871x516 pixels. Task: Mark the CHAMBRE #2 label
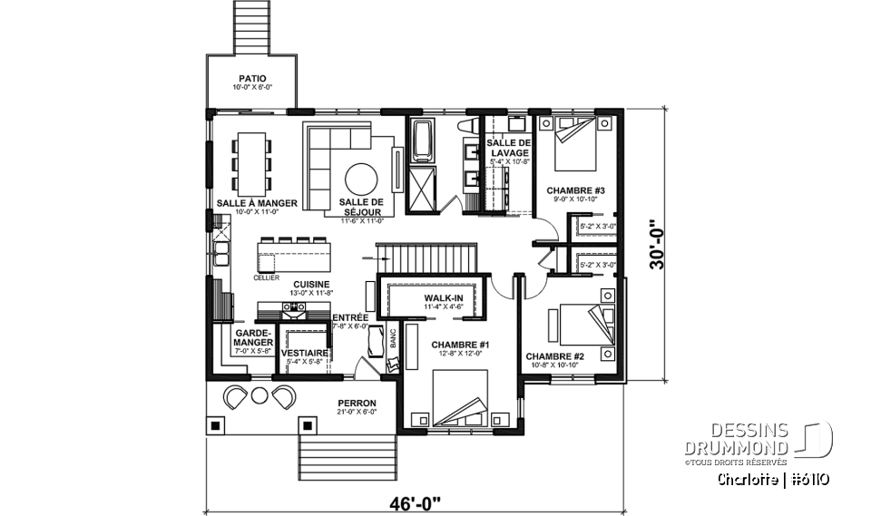tap(553, 356)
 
